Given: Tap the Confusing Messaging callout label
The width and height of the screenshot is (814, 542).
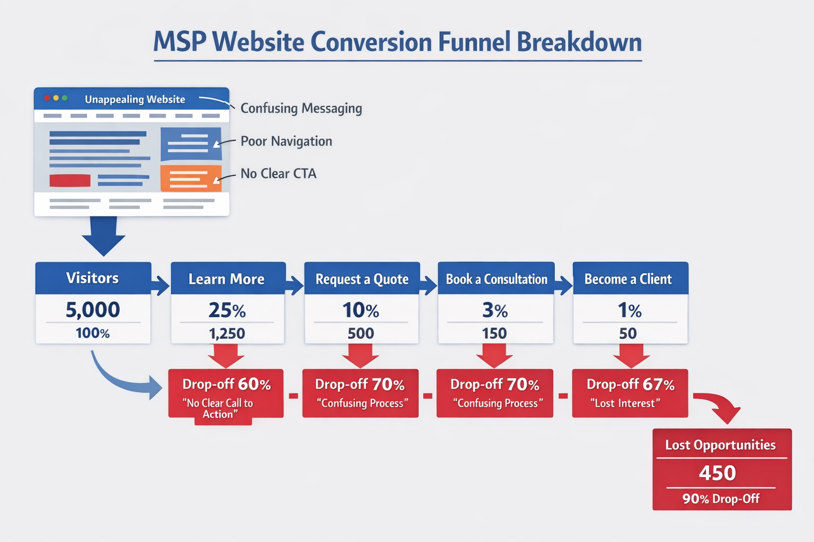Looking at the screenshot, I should point(301,109).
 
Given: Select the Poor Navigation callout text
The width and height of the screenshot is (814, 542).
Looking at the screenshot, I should point(286,141).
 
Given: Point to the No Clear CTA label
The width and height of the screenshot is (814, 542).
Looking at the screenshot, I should point(278,174).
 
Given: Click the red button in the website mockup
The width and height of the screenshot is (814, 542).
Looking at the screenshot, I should point(70,180).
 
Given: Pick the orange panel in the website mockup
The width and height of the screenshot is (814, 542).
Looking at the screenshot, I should point(190,178).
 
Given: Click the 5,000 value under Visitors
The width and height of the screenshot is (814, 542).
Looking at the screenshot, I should point(93,310).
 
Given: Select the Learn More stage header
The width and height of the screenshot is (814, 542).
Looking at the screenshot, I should point(226,279).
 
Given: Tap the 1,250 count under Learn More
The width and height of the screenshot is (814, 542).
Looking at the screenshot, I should point(227,333).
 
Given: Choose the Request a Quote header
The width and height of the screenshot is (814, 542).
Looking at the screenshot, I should point(362,279).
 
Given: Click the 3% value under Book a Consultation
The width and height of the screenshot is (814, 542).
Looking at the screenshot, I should point(495,310).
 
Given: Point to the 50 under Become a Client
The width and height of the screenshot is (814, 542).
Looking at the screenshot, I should point(628,333).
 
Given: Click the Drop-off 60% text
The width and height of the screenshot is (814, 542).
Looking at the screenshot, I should point(226,384).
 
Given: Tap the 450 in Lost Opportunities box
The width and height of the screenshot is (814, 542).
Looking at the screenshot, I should point(718,473).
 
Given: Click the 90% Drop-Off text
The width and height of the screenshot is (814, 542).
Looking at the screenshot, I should point(721,499).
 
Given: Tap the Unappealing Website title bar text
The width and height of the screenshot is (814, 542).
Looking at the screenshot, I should point(135,100).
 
